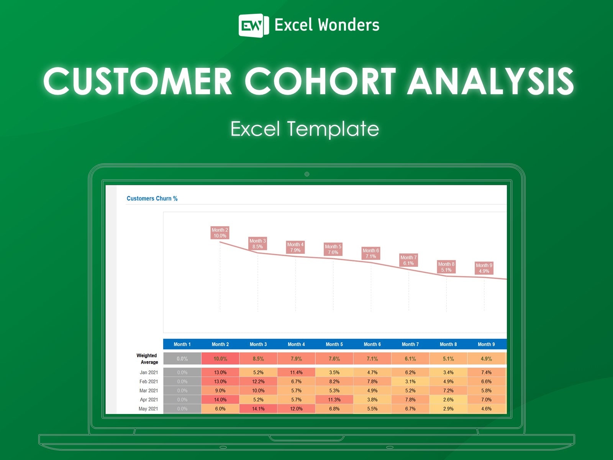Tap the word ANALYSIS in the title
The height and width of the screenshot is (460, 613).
coord(490,81)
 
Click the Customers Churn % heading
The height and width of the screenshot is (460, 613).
coord(152,199)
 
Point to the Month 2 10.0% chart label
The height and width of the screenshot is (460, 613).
coord(220,233)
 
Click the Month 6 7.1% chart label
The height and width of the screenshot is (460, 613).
coord(371,253)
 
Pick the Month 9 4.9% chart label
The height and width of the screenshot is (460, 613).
coord(484,268)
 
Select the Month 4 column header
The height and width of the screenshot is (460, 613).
coord(296,344)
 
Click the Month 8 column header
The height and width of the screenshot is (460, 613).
coord(448,344)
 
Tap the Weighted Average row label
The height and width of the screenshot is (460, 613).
coord(147,359)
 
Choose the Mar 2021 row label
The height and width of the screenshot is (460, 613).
coord(149,391)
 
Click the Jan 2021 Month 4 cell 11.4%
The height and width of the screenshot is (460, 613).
coord(296,372)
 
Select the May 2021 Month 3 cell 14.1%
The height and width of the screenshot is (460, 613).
coord(258,409)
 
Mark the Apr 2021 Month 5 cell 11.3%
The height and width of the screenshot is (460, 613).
coord(334,399)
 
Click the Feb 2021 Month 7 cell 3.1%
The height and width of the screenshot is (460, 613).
coord(410,381)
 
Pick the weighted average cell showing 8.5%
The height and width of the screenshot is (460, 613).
coord(258,359)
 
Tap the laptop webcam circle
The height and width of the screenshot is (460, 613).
coord(307,174)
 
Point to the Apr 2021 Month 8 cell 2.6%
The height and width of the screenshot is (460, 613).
coord(448,399)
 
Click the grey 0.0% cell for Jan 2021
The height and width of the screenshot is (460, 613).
coord(182,372)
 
